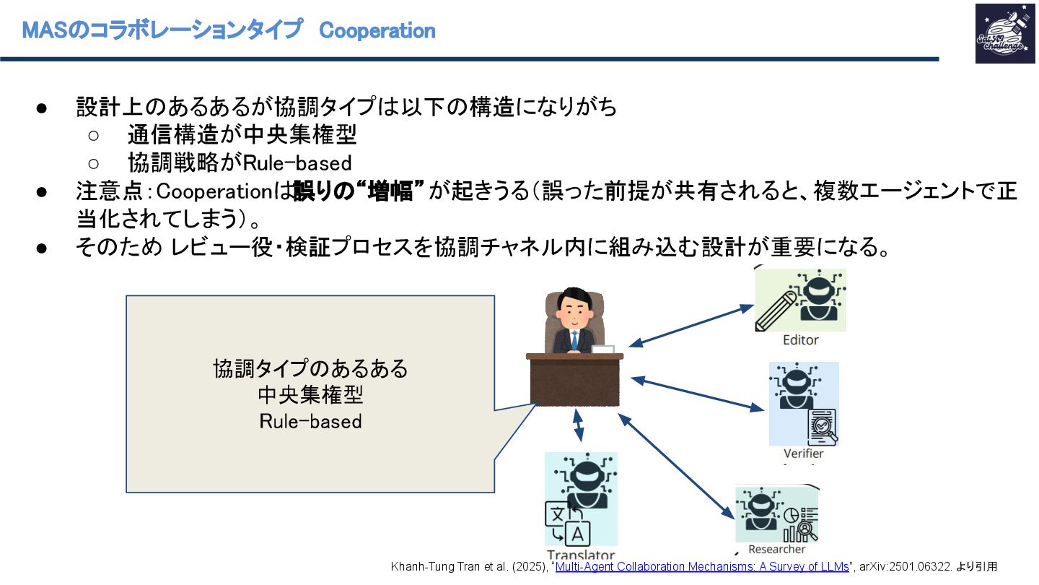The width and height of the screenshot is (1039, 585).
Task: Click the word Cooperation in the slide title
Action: click(x=377, y=31)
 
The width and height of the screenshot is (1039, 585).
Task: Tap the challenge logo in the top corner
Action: click(x=1004, y=33)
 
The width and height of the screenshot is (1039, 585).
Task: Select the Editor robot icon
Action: click(x=801, y=300)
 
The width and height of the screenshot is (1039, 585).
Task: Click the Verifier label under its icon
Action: click(x=803, y=454)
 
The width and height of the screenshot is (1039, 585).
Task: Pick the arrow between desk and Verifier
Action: click(x=696, y=393)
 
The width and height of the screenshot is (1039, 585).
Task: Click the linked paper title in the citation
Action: click(x=702, y=567)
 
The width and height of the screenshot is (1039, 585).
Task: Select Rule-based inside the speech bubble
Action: click(x=310, y=420)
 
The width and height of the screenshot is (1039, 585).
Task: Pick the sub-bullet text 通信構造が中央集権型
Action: click(x=242, y=135)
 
